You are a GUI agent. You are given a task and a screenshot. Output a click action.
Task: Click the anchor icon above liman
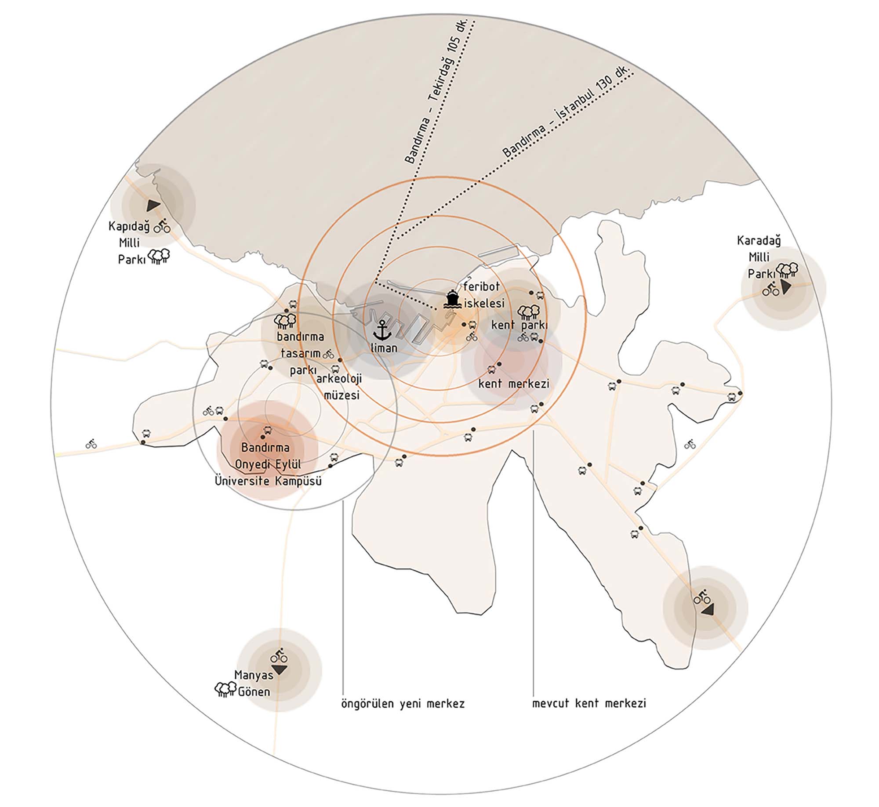382,329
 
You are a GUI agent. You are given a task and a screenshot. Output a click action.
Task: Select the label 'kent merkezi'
514,384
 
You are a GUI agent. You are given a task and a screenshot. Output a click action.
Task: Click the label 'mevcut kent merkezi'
589,703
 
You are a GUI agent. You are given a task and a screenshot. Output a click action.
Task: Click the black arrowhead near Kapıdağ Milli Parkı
153,205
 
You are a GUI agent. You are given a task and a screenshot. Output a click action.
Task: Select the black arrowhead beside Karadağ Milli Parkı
786,287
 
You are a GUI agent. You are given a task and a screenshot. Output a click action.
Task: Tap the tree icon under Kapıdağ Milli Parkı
159,256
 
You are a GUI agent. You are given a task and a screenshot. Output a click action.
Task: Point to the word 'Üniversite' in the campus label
242,481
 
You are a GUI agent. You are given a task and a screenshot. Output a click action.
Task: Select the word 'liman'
384,348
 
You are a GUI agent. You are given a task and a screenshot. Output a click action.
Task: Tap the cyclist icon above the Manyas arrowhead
279,655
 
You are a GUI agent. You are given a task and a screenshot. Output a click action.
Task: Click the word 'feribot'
482,287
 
